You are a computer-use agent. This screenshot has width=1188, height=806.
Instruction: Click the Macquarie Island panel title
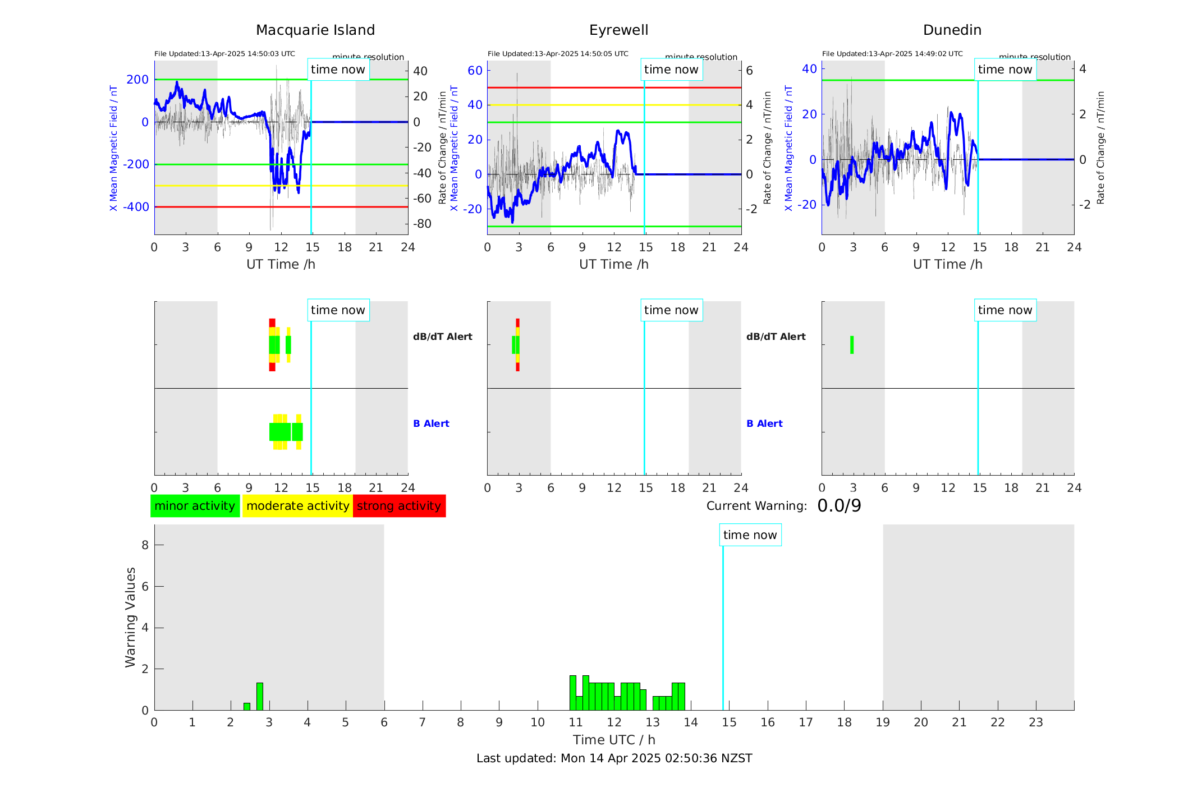(x=315, y=30)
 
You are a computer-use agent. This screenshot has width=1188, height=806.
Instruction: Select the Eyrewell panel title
(x=618, y=30)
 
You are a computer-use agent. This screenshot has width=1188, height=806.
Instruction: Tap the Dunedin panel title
(x=952, y=30)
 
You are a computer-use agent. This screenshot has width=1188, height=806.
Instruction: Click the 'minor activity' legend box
(x=195, y=506)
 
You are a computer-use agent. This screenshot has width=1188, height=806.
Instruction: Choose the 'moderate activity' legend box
(x=297, y=506)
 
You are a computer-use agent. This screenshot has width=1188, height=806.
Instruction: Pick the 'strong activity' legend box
(x=399, y=506)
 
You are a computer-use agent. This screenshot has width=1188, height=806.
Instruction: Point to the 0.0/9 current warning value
(x=839, y=506)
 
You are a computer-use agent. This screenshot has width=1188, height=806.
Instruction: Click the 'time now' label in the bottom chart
(x=750, y=535)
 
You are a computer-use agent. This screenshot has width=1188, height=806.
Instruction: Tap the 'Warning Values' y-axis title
(x=130, y=617)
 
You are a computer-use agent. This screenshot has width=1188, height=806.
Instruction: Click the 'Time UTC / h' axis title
(x=614, y=740)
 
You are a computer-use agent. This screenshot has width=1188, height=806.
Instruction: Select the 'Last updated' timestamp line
(x=614, y=758)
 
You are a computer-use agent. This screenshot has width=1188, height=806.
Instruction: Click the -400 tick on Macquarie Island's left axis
(x=136, y=207)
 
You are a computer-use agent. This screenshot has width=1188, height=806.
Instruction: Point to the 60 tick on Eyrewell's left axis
(x=475, y=71)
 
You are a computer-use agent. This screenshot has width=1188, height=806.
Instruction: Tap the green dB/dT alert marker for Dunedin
(x=852, y=345)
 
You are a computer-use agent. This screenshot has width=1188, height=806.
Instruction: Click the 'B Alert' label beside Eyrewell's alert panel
(x=764, y=423)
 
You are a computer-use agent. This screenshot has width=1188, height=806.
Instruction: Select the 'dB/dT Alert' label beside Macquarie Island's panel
(x=442, y=337)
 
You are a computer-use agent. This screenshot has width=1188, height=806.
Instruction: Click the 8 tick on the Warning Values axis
(x=145, y=545)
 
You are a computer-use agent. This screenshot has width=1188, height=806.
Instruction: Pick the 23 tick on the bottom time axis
(x=1035, y=722)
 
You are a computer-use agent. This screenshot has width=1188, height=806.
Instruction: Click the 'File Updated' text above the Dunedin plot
(x=892, y=54)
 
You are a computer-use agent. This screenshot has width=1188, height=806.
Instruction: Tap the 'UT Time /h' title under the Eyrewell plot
(x=614, y=264)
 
